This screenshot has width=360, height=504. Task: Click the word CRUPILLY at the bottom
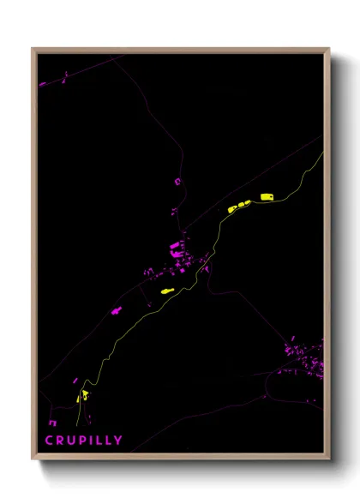[x=78, y=440]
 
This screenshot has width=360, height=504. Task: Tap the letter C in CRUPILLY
[x=49, y=440]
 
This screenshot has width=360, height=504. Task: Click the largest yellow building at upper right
[x=267, y=196]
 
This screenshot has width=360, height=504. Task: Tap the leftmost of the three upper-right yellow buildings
[x=232, y=208]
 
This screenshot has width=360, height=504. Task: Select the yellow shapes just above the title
[x=84, y=396]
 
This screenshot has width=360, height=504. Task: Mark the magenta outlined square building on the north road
[x=177, y=181]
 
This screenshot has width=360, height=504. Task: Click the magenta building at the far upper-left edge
[x=41, y=84]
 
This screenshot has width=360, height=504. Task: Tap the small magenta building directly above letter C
[x=53, y=422]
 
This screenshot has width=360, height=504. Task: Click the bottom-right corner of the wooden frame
[x=329, y=459]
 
